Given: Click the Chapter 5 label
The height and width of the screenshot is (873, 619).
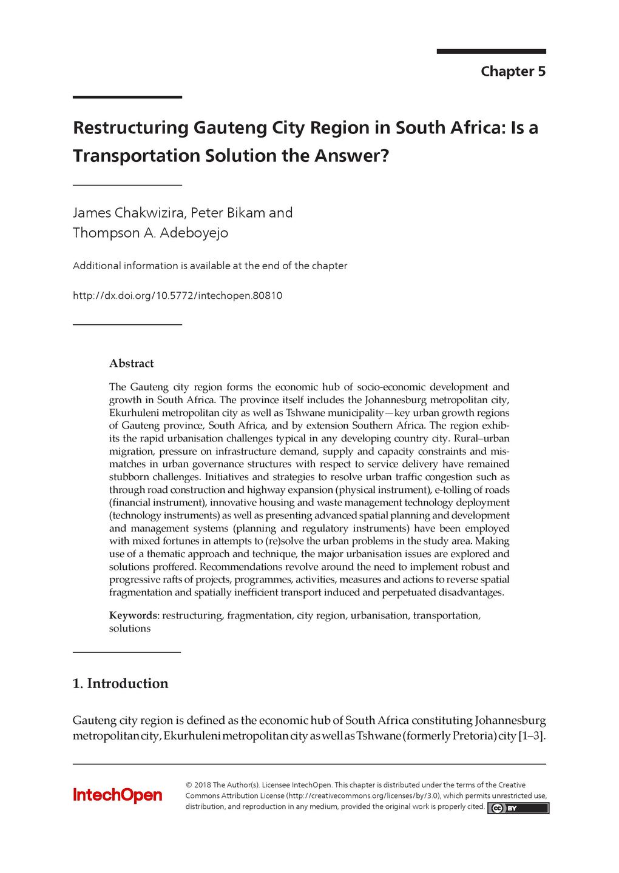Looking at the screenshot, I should [513, 72].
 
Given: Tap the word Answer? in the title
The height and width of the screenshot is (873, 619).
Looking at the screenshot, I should [351, 156].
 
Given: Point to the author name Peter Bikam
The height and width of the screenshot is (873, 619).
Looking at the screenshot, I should [228, 213].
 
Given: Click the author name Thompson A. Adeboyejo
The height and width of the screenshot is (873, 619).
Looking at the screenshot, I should [150, 233].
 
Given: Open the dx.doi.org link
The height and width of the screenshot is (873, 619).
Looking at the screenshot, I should [177, 296].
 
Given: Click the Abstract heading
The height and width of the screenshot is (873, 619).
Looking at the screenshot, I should [131, 364].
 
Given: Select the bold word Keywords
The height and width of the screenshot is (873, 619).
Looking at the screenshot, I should [133, 615].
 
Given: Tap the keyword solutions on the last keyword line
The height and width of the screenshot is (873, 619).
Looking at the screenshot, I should [130, 629].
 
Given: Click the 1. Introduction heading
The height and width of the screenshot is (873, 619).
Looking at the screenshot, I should [120, 684].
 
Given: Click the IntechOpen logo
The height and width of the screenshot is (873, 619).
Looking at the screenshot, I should [118, 795].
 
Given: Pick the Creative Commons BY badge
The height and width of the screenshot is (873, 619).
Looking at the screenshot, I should [518, 808].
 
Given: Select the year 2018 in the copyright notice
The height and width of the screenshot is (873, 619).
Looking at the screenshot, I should [202, 785].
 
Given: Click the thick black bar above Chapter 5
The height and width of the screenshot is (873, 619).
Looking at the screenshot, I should [491, 52].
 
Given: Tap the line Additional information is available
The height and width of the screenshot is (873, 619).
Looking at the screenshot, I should [210, 266].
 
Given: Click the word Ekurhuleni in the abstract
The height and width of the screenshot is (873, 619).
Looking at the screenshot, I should [134, 413].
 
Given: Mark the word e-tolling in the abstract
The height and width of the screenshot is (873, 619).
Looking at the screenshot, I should [455, 490].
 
